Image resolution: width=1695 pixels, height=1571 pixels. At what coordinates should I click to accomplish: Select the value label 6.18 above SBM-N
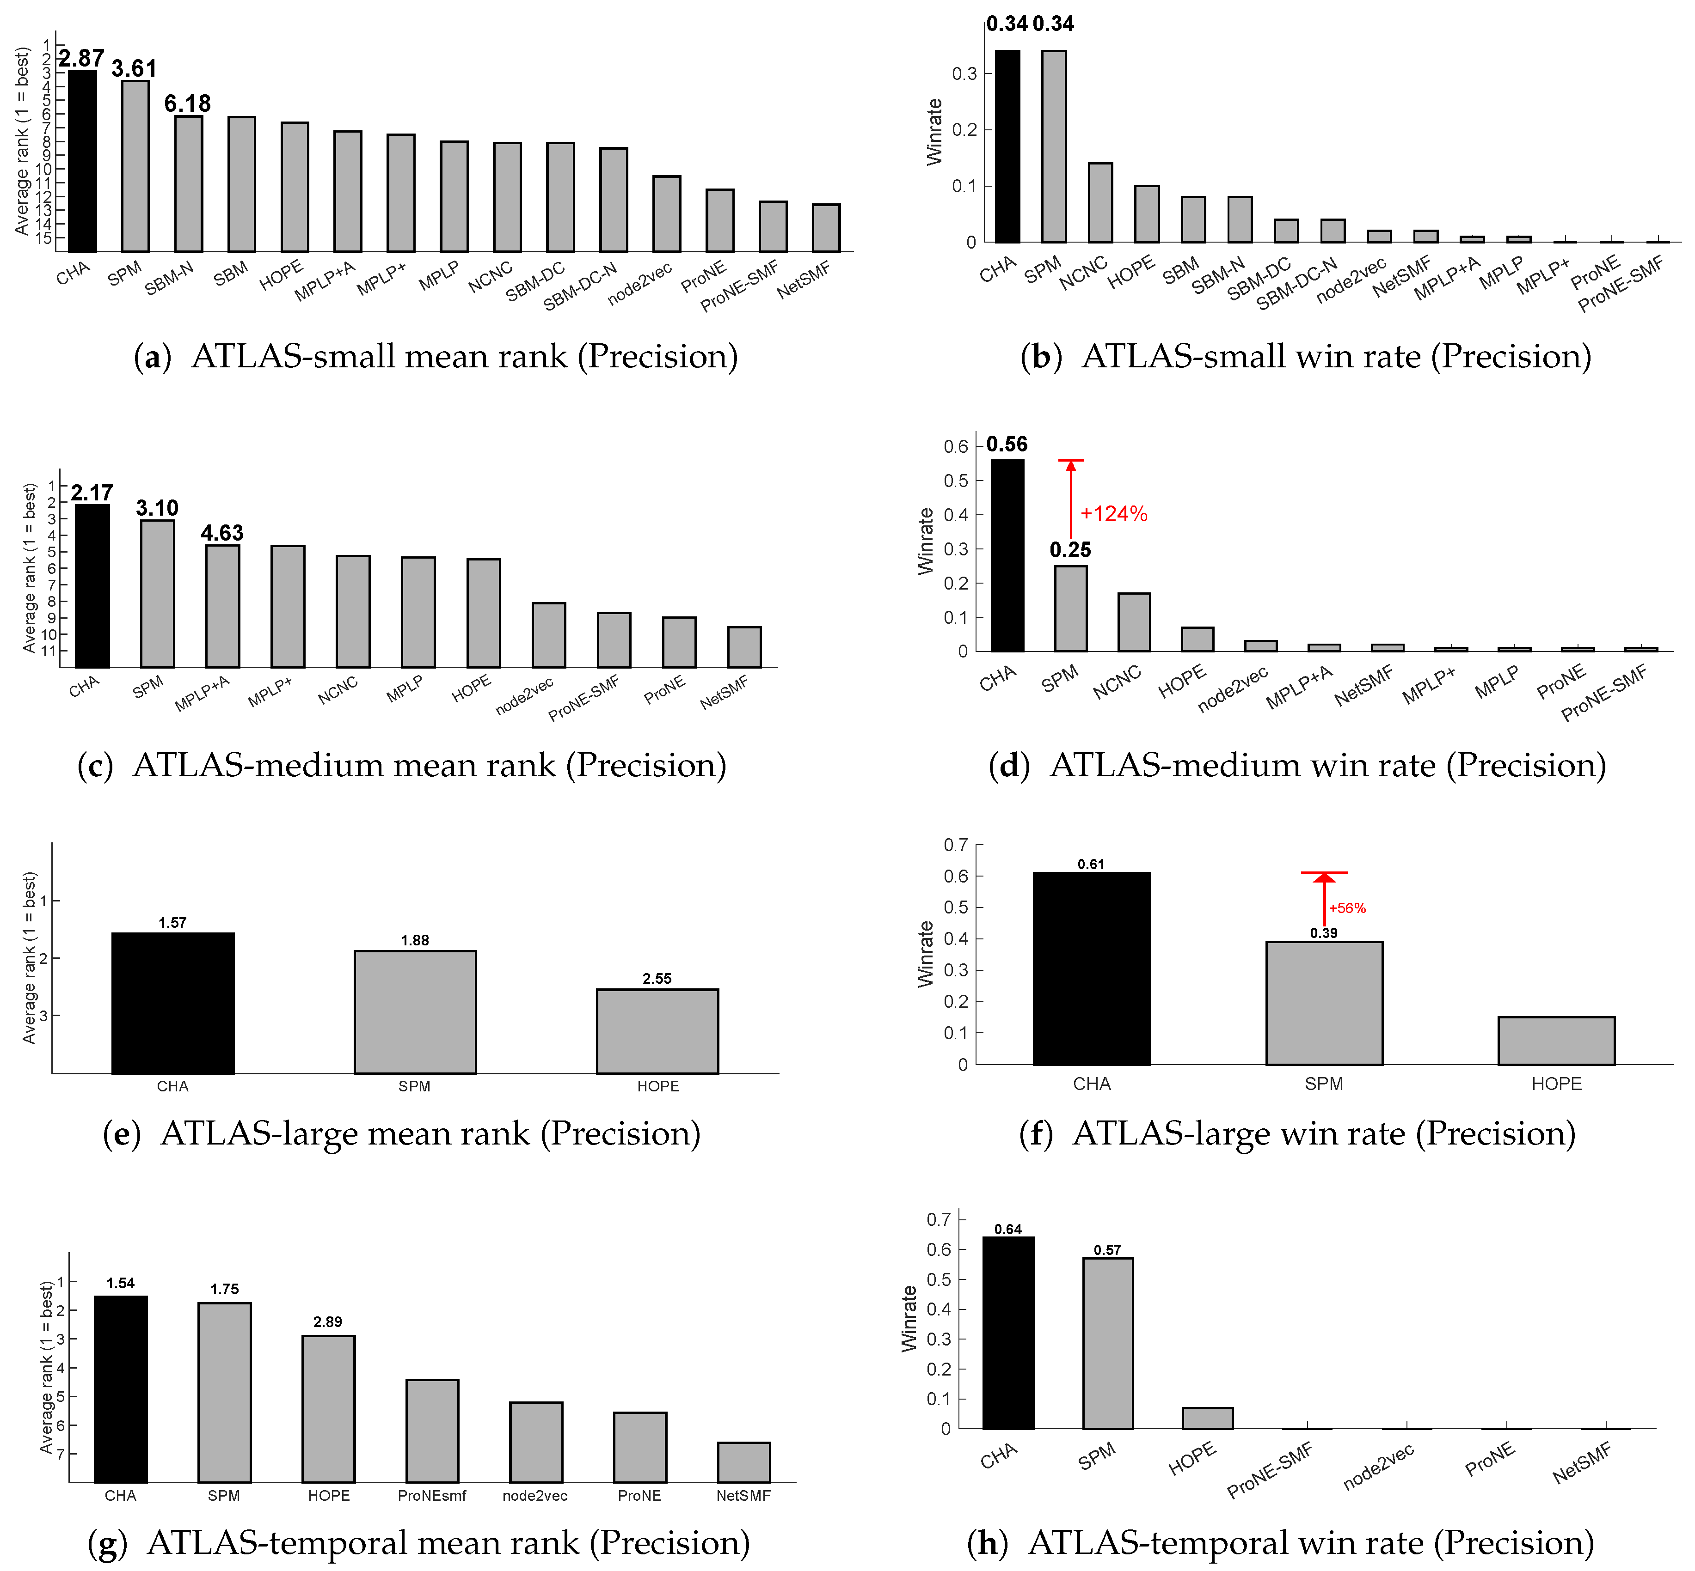point(187,104)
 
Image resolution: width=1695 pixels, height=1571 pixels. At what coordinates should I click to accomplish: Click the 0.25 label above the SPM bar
point(1070,550)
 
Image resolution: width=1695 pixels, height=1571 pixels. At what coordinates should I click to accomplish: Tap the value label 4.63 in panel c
point(222,533)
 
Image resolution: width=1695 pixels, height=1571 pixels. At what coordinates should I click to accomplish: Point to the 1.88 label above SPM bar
point(415,940)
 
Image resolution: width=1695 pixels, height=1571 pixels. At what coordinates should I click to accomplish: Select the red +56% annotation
point(1347,908)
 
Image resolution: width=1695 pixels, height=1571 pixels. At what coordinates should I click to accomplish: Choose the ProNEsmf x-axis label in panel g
point(431,1519)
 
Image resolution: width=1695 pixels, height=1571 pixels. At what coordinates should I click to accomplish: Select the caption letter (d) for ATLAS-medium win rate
point(1009,766)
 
